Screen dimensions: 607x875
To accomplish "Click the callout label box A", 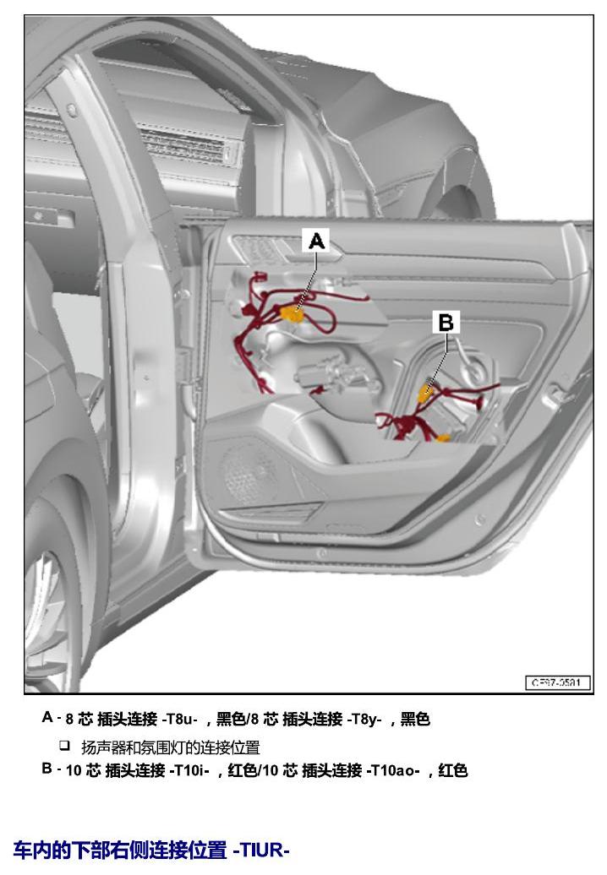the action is coord(317,241).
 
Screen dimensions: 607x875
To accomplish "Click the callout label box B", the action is coord(446,322).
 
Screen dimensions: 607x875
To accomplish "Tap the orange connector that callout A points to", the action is coord(292,314).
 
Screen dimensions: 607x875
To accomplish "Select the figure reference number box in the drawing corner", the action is coord(558,682).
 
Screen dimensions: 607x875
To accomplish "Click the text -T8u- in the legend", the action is coord(180,719).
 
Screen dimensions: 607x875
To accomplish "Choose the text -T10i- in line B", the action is coord(190,770).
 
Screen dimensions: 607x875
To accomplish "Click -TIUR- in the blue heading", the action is coord(261,850).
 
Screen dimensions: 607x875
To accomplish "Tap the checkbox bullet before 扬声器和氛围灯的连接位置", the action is coord(65,745).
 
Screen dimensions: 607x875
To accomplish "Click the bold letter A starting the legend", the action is coord(47,717).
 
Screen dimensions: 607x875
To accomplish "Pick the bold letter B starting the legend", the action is coord(47,769).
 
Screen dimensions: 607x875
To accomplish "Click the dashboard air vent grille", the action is coord(184,146).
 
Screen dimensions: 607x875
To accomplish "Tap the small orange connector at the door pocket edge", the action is coord(443,438).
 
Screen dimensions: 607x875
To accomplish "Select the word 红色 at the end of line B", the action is coord(453,770).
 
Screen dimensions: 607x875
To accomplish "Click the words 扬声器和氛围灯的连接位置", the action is coord(171,747).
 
